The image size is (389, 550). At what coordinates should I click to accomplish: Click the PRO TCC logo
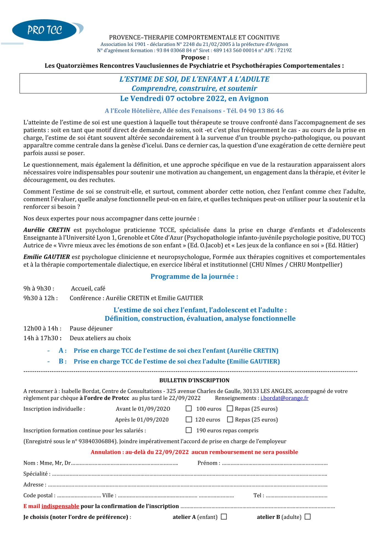click(x=45, y=30)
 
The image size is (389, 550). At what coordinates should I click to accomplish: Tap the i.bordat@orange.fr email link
click(x=284, y=398)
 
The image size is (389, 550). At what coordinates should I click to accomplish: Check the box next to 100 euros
click(x=189, y=409)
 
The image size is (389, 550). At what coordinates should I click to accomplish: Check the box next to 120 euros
click(x=189, y=419)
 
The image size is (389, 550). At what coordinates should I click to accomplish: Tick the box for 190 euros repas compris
click(x=189, y=430)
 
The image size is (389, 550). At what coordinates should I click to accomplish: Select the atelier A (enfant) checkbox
click(x=224, y=517)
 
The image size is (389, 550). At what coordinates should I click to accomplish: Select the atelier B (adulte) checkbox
click(x=308, y=517)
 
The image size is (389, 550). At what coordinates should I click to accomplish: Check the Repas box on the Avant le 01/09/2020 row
click(x=230, y=409)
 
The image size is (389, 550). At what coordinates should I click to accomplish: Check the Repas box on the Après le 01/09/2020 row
click(x=230, y=419)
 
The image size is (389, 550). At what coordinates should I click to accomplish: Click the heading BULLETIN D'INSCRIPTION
click(x=194, y=380)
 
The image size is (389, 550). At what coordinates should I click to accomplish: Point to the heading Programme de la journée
click(x=194, y=276)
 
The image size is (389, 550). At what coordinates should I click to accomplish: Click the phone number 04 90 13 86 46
click(x=261, y=111)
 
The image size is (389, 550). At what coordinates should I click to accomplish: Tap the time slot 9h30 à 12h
click(x=40, y=298)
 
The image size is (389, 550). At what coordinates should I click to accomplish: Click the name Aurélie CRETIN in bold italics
click(x=47, y=230)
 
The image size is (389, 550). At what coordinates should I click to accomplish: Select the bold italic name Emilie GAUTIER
click(x=47, y=257)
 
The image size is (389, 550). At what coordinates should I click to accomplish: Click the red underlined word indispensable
click(x=60, y=506)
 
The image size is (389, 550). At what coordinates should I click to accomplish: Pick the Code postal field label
click(x=39, y=496)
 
